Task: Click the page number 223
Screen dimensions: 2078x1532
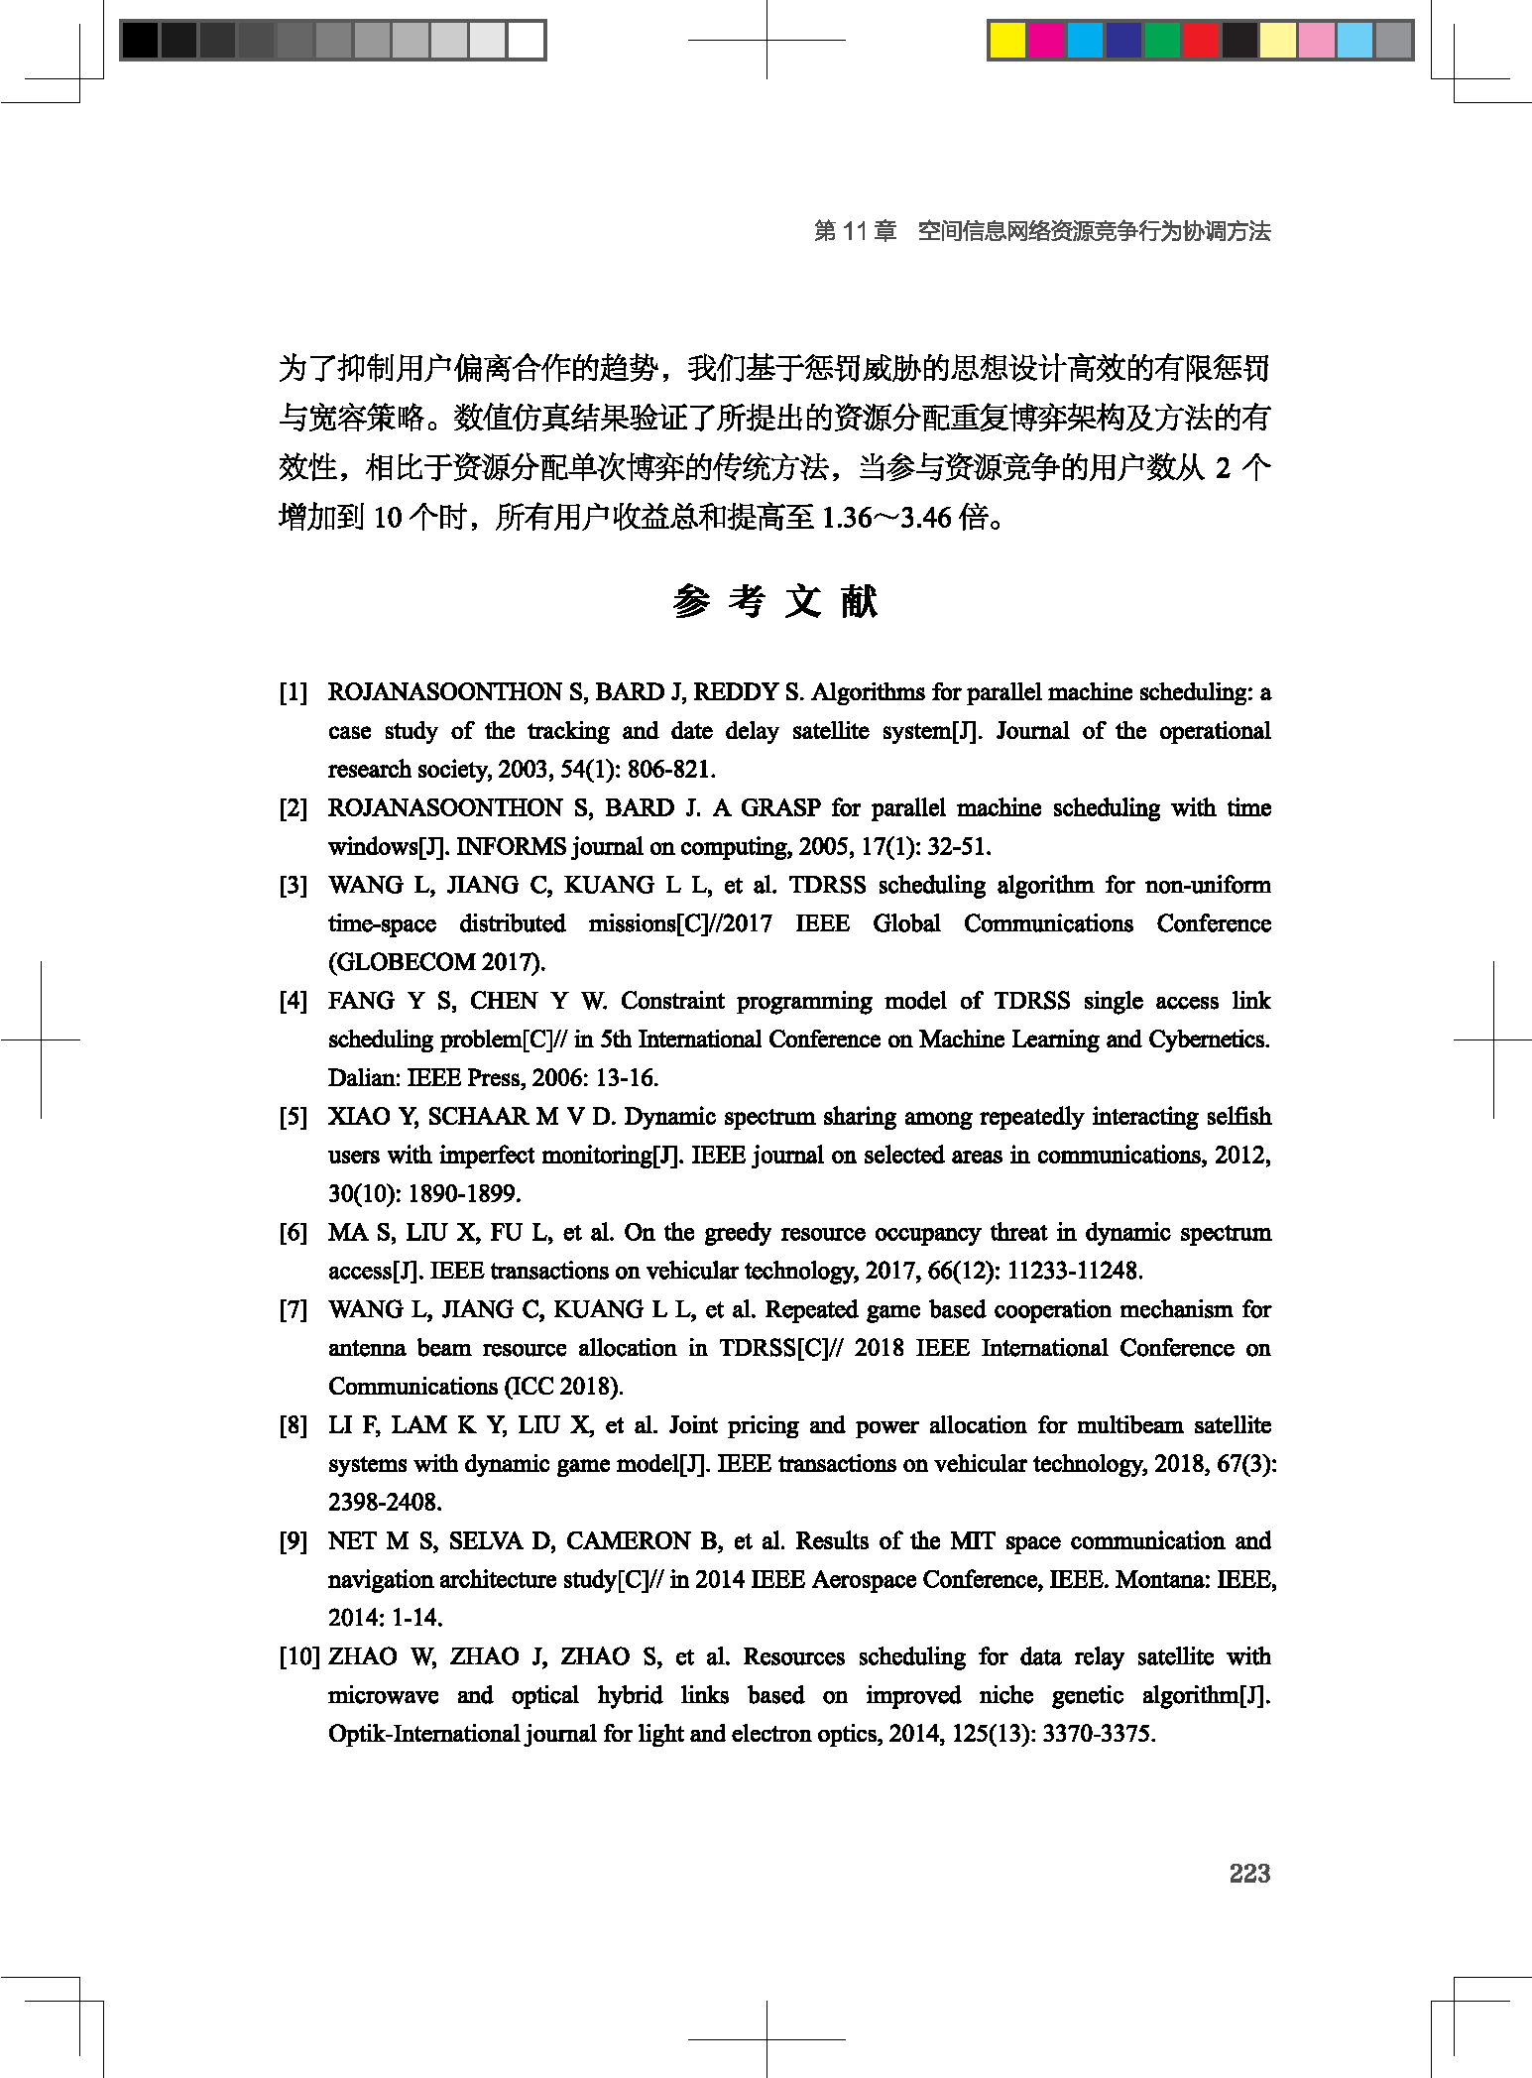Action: pos(1249,1873)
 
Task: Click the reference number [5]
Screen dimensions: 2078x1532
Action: pos(294,1117)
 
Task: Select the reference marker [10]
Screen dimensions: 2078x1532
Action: pos(299,1656)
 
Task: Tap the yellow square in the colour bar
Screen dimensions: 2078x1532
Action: pos(1007,41)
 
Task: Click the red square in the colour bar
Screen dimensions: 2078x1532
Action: pos(1201,41)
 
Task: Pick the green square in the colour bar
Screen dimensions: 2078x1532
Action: pos(1162,41)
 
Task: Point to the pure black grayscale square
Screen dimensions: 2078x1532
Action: pos(140,41)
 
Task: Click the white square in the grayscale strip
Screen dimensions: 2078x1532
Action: pos(526,41)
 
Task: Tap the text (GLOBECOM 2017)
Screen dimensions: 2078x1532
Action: pos(436,962)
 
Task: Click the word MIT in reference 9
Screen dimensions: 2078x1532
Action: pos(972,1540)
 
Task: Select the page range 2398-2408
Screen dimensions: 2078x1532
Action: pos(385,1502)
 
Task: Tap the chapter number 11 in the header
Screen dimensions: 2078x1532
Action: pos(856,231)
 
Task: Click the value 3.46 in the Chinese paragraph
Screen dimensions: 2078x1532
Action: pos(925,517)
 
